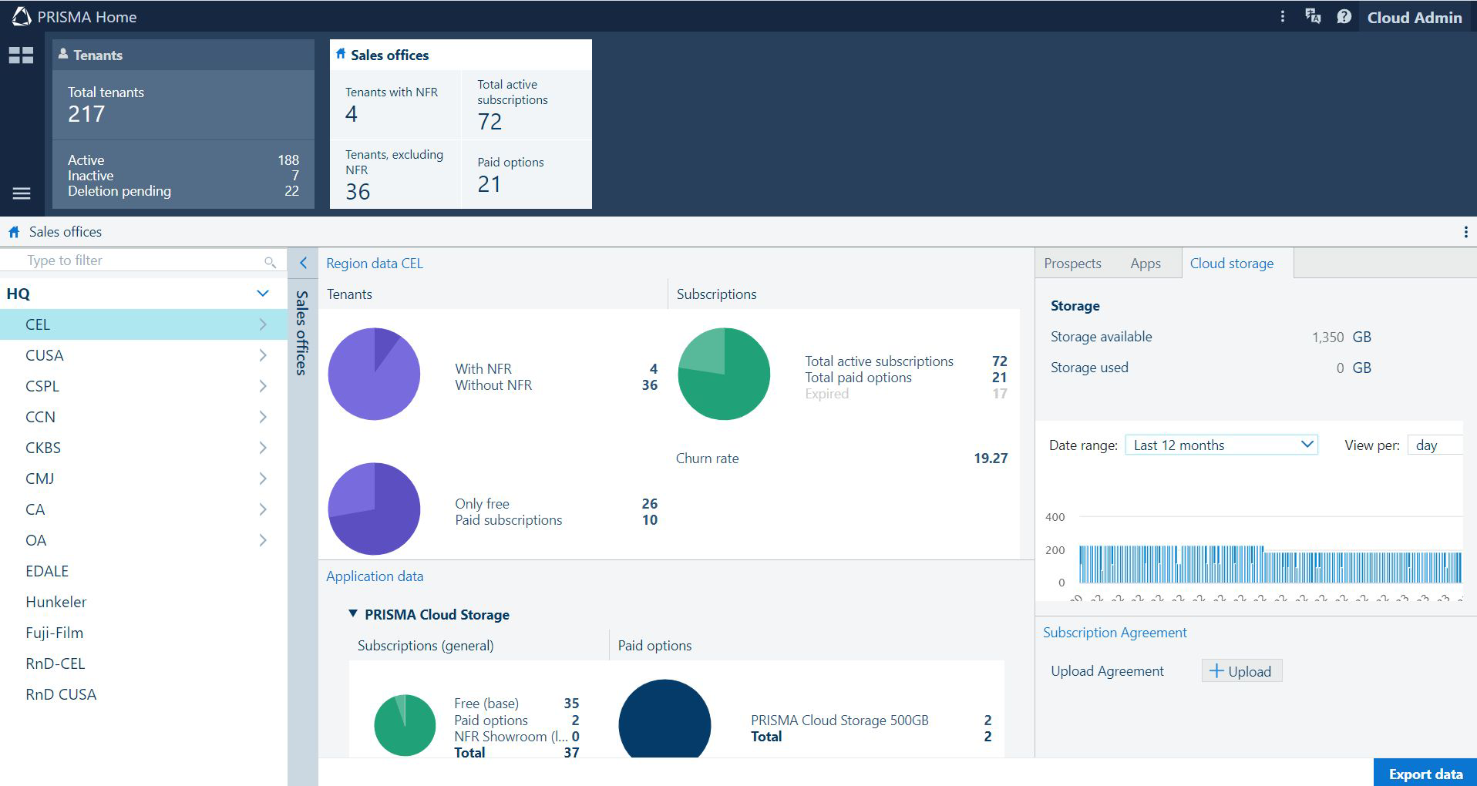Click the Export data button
[1425, 774]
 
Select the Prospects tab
[1072, 264]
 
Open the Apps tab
[1146, 264]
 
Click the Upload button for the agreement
[1241, 671]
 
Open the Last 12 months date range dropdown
[1221, 445]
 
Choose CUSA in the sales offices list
[45, 355]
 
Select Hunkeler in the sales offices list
[56, 602]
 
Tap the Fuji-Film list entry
[55, 633]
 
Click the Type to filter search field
[139, 260]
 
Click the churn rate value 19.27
[991, 458]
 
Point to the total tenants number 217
[86, 115]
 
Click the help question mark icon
[1344, 17]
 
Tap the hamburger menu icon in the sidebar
[22, 193]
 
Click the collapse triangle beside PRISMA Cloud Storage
[353, 614]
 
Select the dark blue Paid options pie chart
[664, 720]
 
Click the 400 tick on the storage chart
[1055, 517]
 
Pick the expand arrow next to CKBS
[263, 448]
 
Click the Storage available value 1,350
[1327, 337]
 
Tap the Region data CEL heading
[375, 264]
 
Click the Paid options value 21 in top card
[490, 185]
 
